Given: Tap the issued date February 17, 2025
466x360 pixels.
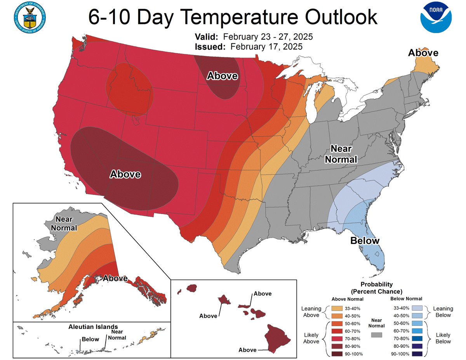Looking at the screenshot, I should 266,47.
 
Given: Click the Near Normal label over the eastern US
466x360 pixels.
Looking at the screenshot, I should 341,154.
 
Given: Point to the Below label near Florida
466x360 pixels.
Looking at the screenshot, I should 365,241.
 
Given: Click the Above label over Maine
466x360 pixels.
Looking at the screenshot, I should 423,53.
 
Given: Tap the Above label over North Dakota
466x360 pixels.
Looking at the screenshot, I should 222,76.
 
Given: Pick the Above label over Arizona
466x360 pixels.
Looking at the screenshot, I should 125,174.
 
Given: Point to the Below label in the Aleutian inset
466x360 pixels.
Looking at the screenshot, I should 90,339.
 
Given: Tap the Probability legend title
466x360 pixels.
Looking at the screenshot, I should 377,288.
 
